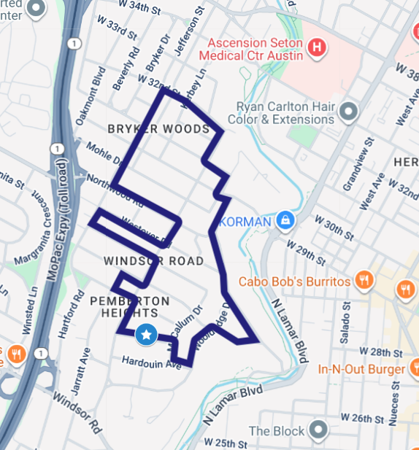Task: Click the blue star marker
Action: pyautogui.click(x=146, y=335)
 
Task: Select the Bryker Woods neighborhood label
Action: pyautogui.click(x=158, y=129)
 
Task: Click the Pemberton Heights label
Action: pyautogui.click(x=129, y=307)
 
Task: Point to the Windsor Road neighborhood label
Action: pyautogui.click(x=153, y=260)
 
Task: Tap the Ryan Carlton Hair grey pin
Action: pyautogui.click(x=349, y=112)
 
